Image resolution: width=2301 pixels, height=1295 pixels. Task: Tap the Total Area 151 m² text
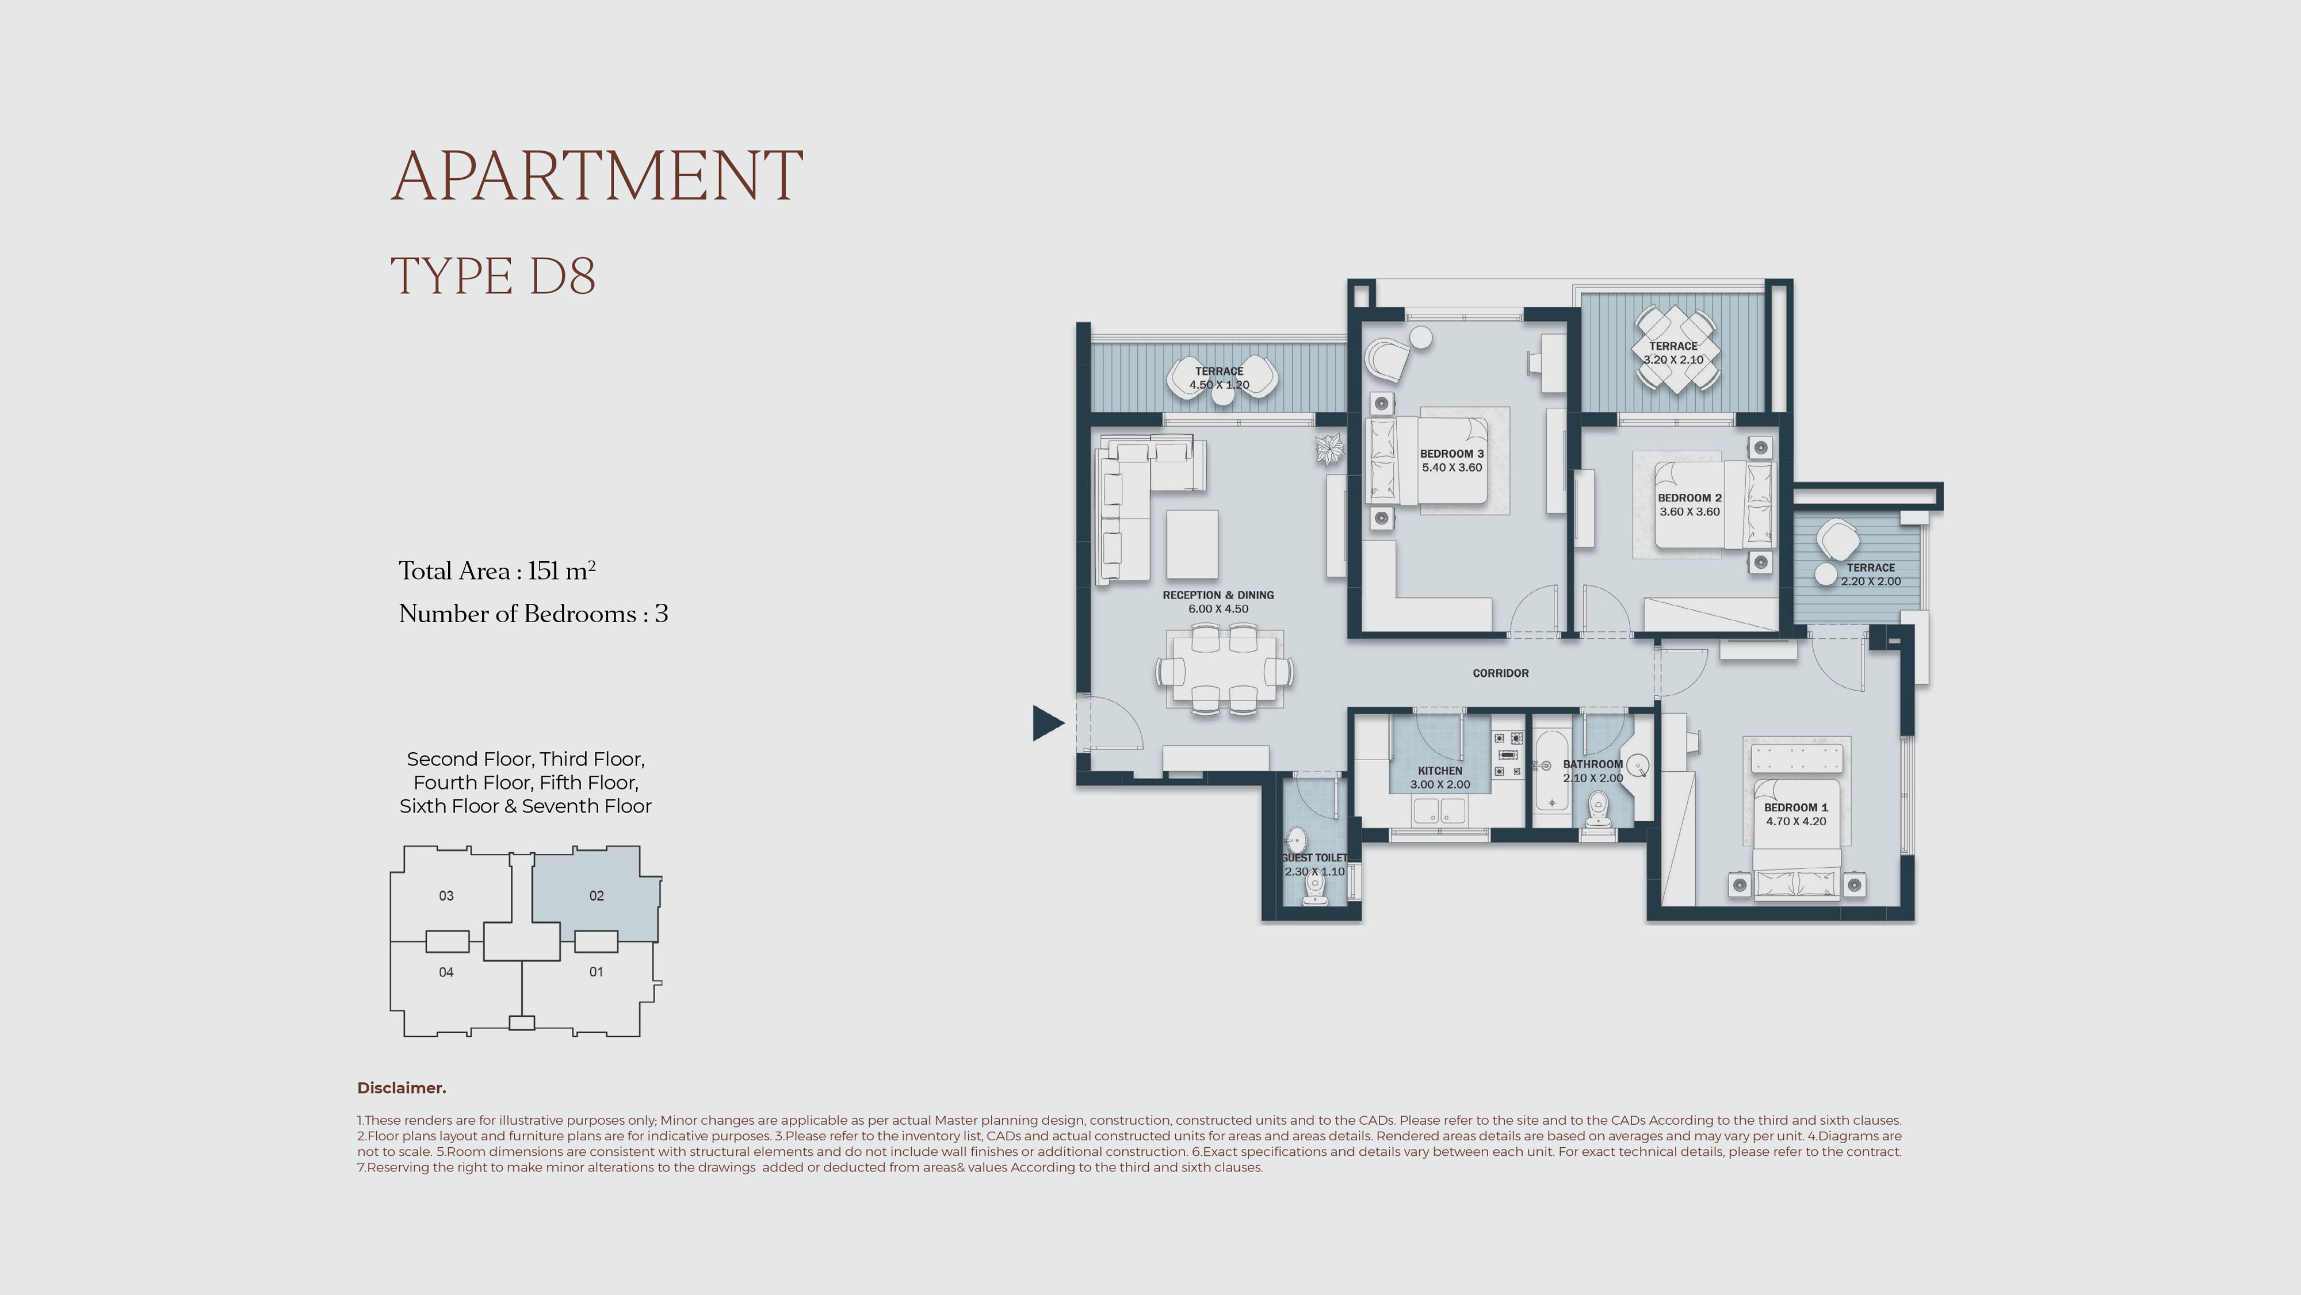[496, 570]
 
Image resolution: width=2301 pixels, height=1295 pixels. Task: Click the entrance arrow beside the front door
[1047, 722]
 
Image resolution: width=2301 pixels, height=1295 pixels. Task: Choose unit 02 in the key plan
[596, 895]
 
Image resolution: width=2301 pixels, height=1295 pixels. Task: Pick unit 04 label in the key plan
[446, 972]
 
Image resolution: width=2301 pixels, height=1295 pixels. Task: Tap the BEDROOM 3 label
[1451, 454]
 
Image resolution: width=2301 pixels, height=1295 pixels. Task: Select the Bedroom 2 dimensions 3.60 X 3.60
[1689, 512]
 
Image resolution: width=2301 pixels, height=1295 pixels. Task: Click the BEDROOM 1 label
[1795, 807]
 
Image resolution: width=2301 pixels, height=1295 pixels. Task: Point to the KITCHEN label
[1440, 771]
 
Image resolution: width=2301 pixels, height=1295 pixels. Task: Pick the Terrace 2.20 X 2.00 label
[1871, 574]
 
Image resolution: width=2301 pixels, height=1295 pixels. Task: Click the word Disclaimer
[401, 1088]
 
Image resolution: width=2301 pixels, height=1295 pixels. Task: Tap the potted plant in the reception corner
[1329, 449]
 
